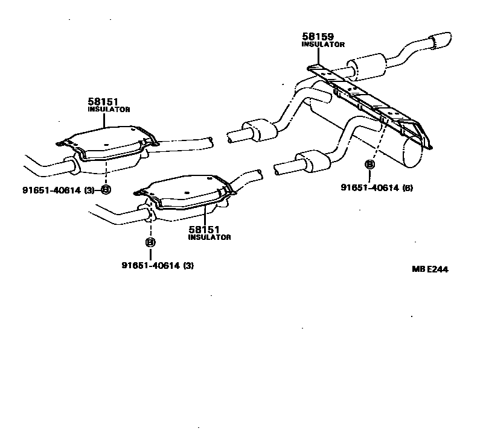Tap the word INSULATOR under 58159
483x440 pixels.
click(323, 45)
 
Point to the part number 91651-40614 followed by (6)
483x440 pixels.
click(369, 187)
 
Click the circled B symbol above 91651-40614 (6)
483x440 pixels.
click(370, 163)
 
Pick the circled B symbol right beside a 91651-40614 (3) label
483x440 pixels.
click(106, 190)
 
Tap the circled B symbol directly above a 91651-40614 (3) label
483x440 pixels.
click(150, 242)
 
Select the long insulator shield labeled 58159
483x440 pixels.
click(368, 99)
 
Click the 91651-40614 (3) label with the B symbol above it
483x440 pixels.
click(158, 265)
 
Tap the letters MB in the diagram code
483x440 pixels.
click(418, 269)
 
